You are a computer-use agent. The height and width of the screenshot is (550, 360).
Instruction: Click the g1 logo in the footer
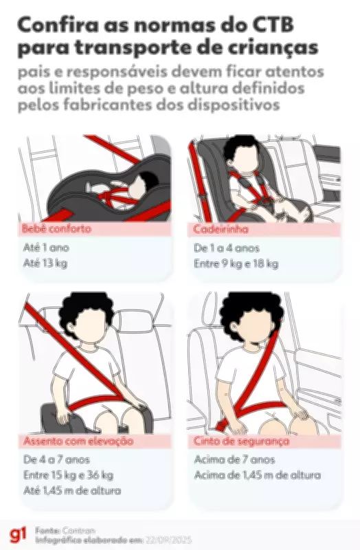[x=16, y=535]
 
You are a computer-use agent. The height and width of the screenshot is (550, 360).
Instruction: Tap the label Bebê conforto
[x=56, y=229]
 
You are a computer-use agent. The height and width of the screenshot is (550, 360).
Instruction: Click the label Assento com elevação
[x=78, y=441]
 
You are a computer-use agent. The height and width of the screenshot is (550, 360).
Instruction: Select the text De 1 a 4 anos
[x=227, y=247]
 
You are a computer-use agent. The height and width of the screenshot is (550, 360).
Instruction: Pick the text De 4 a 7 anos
[x=56, y=459]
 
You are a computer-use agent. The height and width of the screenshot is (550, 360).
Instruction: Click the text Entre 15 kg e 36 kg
[x=68, y=475]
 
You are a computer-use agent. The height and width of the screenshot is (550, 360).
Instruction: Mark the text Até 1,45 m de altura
[x=72, y=491]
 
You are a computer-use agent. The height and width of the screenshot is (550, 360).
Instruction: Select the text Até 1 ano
[x=46, y=247]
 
